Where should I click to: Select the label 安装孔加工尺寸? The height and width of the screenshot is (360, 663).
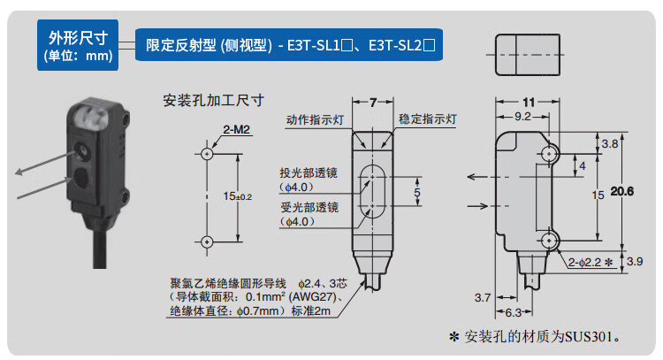pyautogui.click(x=215, y=99)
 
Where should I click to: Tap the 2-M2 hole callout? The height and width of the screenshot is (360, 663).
pyautogui.click(x=237, y=130)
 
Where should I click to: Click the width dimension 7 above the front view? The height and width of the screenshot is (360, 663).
pyautogui.click(x=373, y=103)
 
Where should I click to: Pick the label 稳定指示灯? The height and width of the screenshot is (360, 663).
pyautogui.click(x=427, y=119)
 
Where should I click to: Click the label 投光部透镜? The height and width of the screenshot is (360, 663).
pyautogui.click(x=309, y=172)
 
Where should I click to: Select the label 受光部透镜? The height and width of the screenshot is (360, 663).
pyautogui.click(x=309, y=207)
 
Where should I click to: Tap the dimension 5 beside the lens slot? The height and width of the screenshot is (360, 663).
pyautogui.click(x=418, y=190)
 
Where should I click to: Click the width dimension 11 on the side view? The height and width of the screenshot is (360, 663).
pyautogui.click(x=530, y=102)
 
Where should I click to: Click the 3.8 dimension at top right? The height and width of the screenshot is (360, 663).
pyautogui.click(x=609, y=143)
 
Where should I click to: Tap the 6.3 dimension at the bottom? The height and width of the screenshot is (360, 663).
pyautogui.click(x=512, y=314)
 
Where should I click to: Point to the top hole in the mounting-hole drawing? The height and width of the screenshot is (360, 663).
pyautogui.click(x=206, y=152)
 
